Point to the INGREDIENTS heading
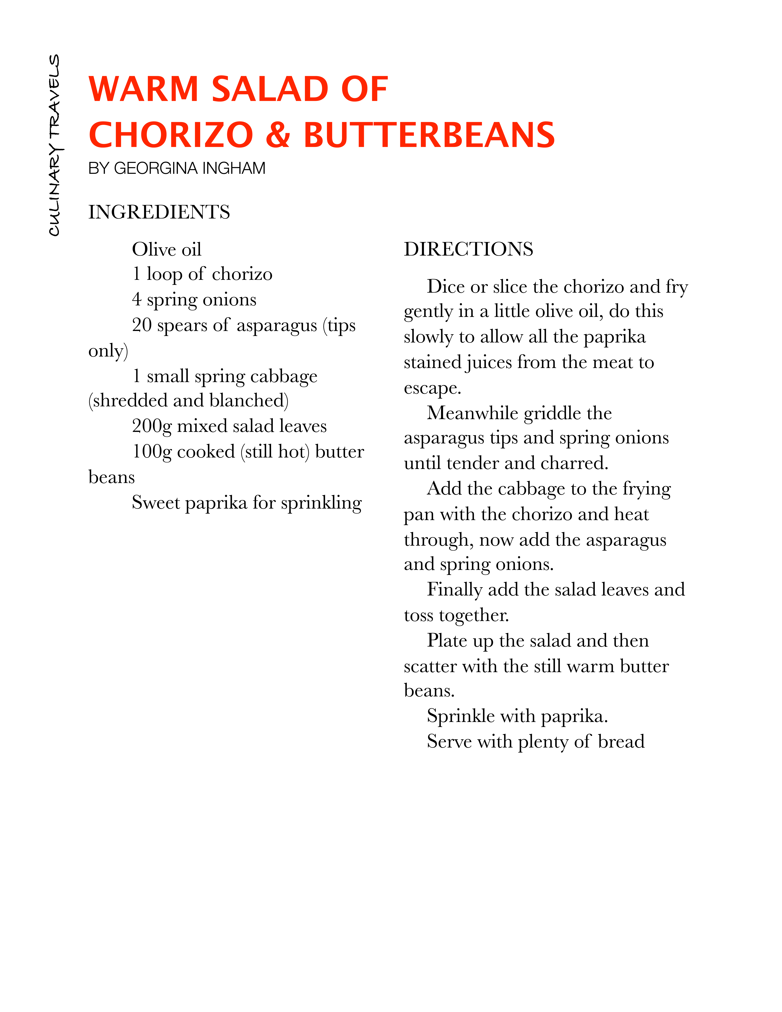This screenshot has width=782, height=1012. pos(159,212)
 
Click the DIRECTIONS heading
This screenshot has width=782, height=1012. pos(468,249)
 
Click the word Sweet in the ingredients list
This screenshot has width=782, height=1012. pos(156,502)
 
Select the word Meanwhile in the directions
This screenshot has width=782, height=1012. pos(473,413)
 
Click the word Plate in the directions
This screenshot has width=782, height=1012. pos(447,640)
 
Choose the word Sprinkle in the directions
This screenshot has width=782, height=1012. pos(461,716)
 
